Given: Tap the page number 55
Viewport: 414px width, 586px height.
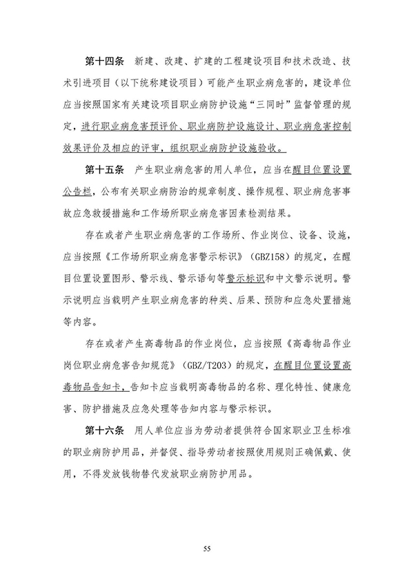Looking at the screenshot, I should (206, 549).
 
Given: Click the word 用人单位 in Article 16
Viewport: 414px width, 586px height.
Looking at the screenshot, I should (157, 432).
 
